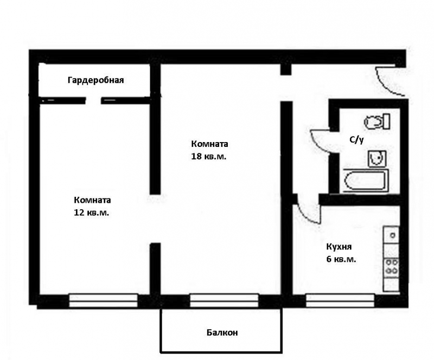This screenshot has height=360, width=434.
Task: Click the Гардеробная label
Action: tap(95, 80)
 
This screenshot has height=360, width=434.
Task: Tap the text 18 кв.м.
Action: tap(209, 157)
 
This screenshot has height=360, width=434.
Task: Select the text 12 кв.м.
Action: tap(91, 213)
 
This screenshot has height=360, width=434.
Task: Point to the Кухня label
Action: tap(339, 247)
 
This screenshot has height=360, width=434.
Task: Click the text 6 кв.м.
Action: tap(341, 260)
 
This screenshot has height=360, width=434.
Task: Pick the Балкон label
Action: tap(222, 332)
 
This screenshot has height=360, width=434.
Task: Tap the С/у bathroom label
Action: tap(356, 140)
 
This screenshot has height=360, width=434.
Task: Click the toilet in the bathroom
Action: tap(377, 122)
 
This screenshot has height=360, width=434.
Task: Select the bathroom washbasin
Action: tap(377, 158)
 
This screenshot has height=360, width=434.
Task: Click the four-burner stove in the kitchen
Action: tap(391, 266)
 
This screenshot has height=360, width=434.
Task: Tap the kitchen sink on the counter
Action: tap(391, 235)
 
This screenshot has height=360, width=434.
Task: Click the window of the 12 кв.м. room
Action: tap(103, 300)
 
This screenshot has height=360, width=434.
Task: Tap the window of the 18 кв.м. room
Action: tap(224, 300)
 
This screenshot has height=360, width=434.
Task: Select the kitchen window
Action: tap(340, 300)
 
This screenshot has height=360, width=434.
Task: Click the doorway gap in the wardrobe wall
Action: tap(93, 100)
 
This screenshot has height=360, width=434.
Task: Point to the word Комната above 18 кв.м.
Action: tap(209, 144)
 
